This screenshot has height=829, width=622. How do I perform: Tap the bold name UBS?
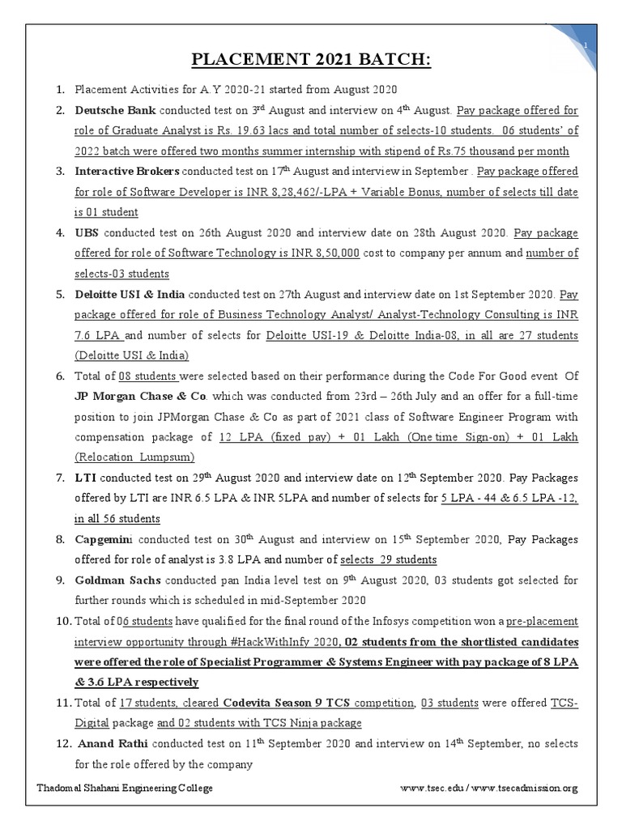coord(87,233)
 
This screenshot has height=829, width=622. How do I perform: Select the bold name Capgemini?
coord(107,539)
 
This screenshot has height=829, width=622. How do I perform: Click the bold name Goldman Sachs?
coord(117,580)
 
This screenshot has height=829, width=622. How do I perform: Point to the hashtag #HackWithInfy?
coord(265,642)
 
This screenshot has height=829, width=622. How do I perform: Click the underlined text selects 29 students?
coord(389,560)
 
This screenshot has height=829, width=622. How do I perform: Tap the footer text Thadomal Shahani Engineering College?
coord(125,789)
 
